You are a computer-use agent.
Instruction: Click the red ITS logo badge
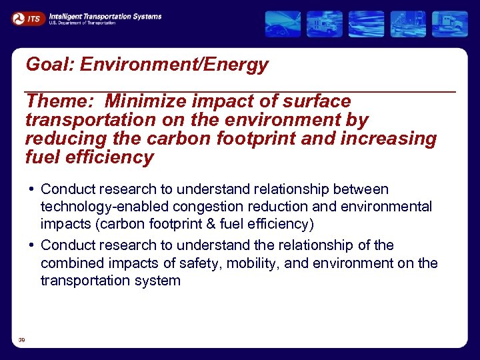point(27,19)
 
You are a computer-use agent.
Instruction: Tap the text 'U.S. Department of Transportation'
point(82,23)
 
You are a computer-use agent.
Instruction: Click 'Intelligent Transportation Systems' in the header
point(105,15)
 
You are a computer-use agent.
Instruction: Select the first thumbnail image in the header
point(283,24)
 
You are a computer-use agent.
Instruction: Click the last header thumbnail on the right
point(449,24)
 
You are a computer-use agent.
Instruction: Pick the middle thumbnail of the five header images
point(367,24)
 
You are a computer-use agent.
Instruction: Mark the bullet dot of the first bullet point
point(32,189)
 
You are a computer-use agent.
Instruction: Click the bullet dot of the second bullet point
point(32,245)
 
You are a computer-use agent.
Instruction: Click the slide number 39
point(22,340)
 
